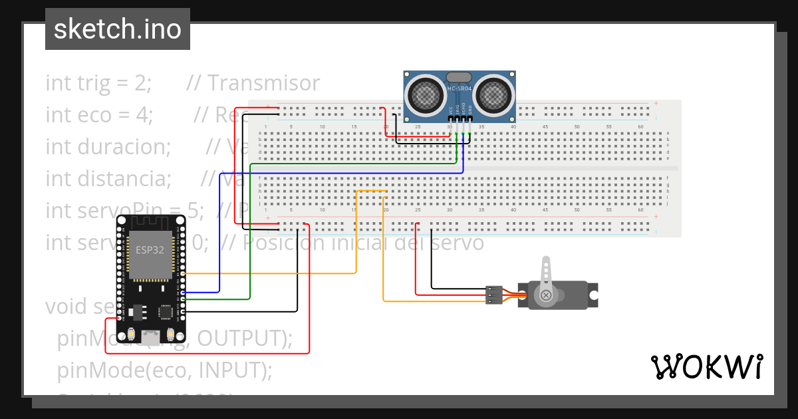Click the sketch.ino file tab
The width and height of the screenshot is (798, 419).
pyautogui.click(x=117, y=29)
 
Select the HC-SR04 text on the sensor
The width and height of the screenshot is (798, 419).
pyautogui.click(x=460, y=88)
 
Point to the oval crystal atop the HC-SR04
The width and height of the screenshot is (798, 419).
pyautogui.click(x=460, y=77)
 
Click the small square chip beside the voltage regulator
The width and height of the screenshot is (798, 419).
pyautogui.click(x=165, y=311)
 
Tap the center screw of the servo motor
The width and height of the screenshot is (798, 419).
pyautogui.click(x=546, y=295)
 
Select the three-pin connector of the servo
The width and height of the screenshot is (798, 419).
pyautogui.click(x=493, y=295)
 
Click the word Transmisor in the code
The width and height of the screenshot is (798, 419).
pyautogui.click(x=263, y=83)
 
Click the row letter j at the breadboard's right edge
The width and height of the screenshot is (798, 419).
pyautogui.click(x=668, y=204)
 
